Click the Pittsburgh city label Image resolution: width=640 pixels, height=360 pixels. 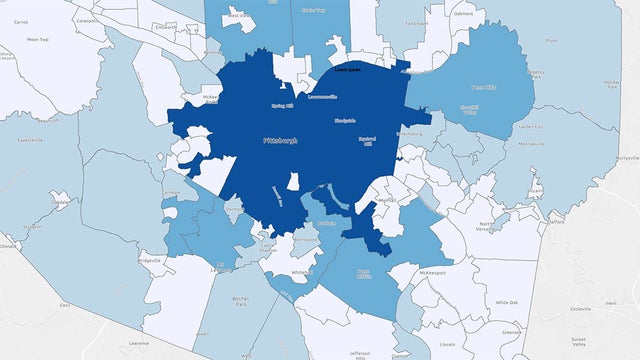[279, 141]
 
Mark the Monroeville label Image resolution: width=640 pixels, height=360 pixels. [547, 145]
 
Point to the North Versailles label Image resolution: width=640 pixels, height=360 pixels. [487, 227]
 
